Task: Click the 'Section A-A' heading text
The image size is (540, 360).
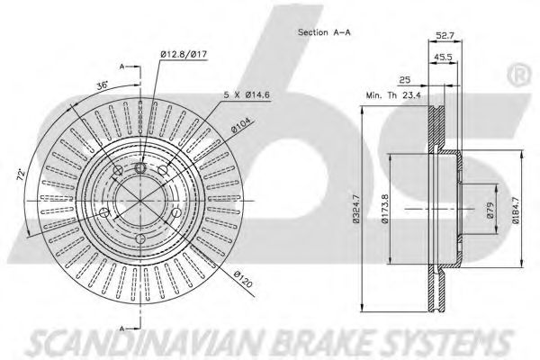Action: pos(324,32)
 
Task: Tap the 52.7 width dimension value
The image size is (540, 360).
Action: pos(445,35)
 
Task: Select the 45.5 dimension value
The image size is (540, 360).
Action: pos(443,58)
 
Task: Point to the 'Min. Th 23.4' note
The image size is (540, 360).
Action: pos(393,95)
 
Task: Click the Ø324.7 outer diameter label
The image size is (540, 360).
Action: pos(355,209)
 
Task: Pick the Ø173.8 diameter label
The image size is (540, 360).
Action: pos(385,209)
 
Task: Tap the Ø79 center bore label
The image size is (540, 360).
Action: pos(490,210)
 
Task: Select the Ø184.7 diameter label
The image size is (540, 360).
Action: pos(516,209)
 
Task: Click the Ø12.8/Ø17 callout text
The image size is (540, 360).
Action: pos(184,54)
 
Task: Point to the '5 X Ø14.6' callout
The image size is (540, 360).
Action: pos(247,94)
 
